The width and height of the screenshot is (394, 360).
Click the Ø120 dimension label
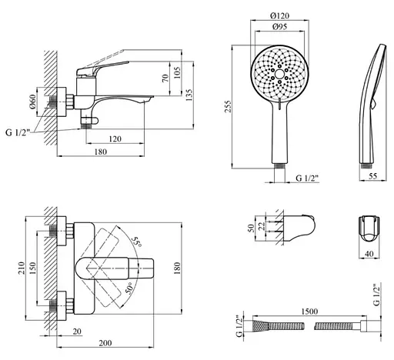pos(279,16)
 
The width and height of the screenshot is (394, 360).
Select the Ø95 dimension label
pos(279,27)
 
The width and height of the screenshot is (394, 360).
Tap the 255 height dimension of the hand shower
pos(228,106)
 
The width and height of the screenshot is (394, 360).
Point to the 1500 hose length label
pos(309,312)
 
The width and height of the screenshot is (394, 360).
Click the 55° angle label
pos(136,242)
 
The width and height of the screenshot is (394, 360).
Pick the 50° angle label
pos(129,288)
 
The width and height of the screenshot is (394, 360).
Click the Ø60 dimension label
pos(32,102)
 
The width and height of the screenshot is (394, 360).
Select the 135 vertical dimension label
pos(189,95)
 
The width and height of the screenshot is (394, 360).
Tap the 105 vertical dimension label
pos(177,72)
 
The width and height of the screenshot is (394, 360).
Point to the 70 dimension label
pos(165,78)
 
